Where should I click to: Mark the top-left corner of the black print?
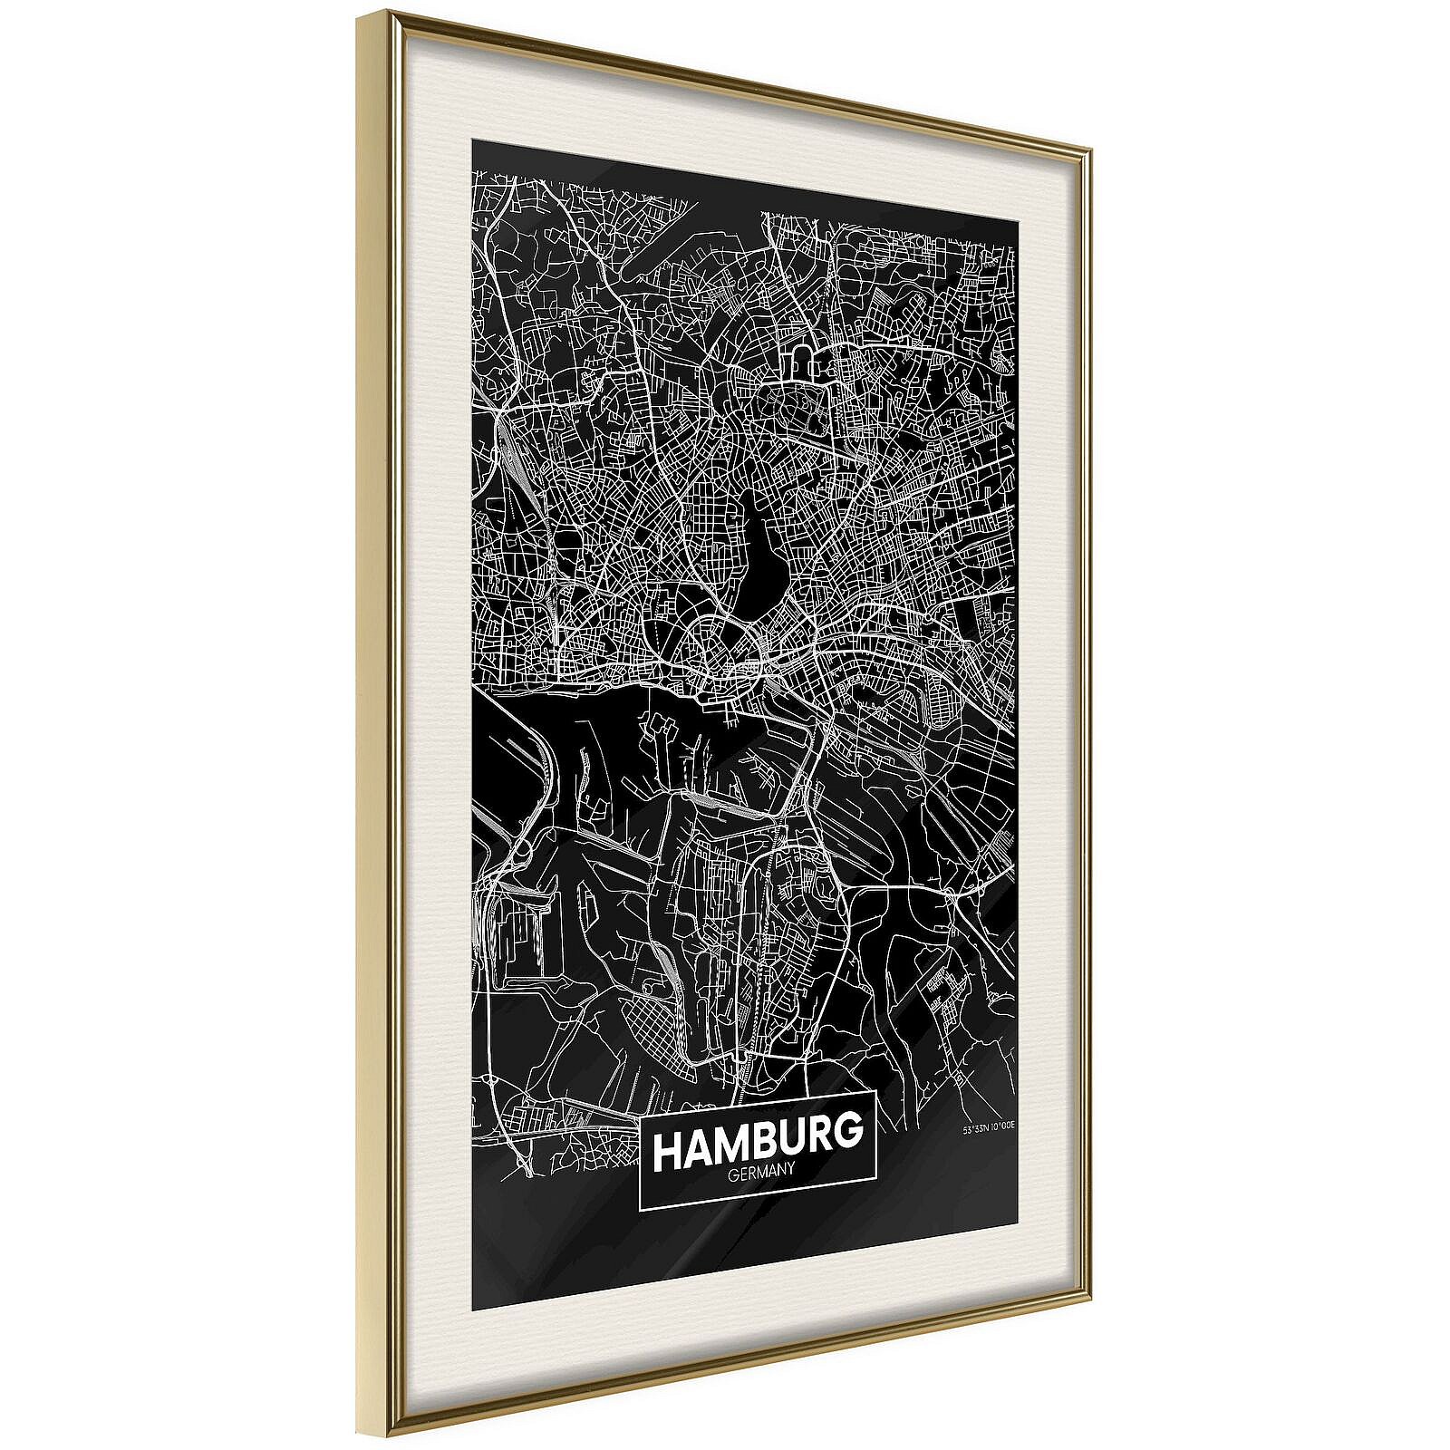(x=471, y=141)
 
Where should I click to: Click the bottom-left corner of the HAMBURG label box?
(x=640, y=1210)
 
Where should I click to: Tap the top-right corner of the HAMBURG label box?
(x=877, y=1093)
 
